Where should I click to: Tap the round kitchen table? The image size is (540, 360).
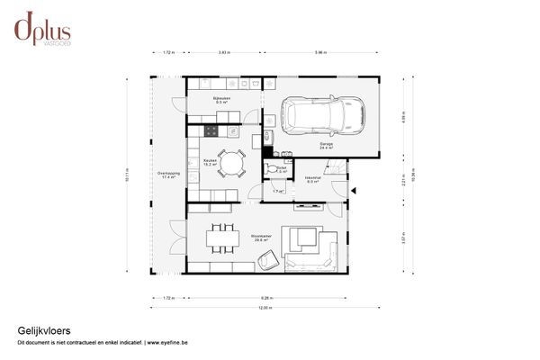pos(231,163)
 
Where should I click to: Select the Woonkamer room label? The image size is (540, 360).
pos(263,238)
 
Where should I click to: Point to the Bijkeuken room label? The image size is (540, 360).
pos(221,99)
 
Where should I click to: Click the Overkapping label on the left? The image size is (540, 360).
pos(168,175)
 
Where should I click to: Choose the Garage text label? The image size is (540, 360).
pos(325,145)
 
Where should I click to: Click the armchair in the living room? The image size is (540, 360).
pos(267,260)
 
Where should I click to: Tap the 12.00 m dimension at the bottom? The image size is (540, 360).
pos(265,308)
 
